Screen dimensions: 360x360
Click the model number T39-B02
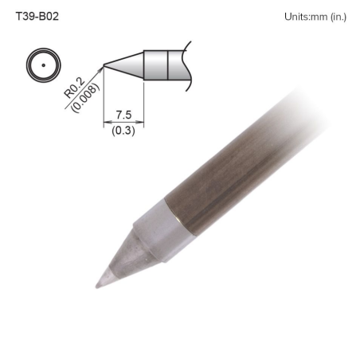coord(37,15)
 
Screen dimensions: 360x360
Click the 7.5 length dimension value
coord(123,117)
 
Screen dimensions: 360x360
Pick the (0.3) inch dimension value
coord(123,131)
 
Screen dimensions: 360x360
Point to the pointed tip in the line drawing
coord(104,65)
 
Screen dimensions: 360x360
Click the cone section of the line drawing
coord(127,65)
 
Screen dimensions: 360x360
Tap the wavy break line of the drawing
coord(187,64)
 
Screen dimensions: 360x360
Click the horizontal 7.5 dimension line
coord(123,124)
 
